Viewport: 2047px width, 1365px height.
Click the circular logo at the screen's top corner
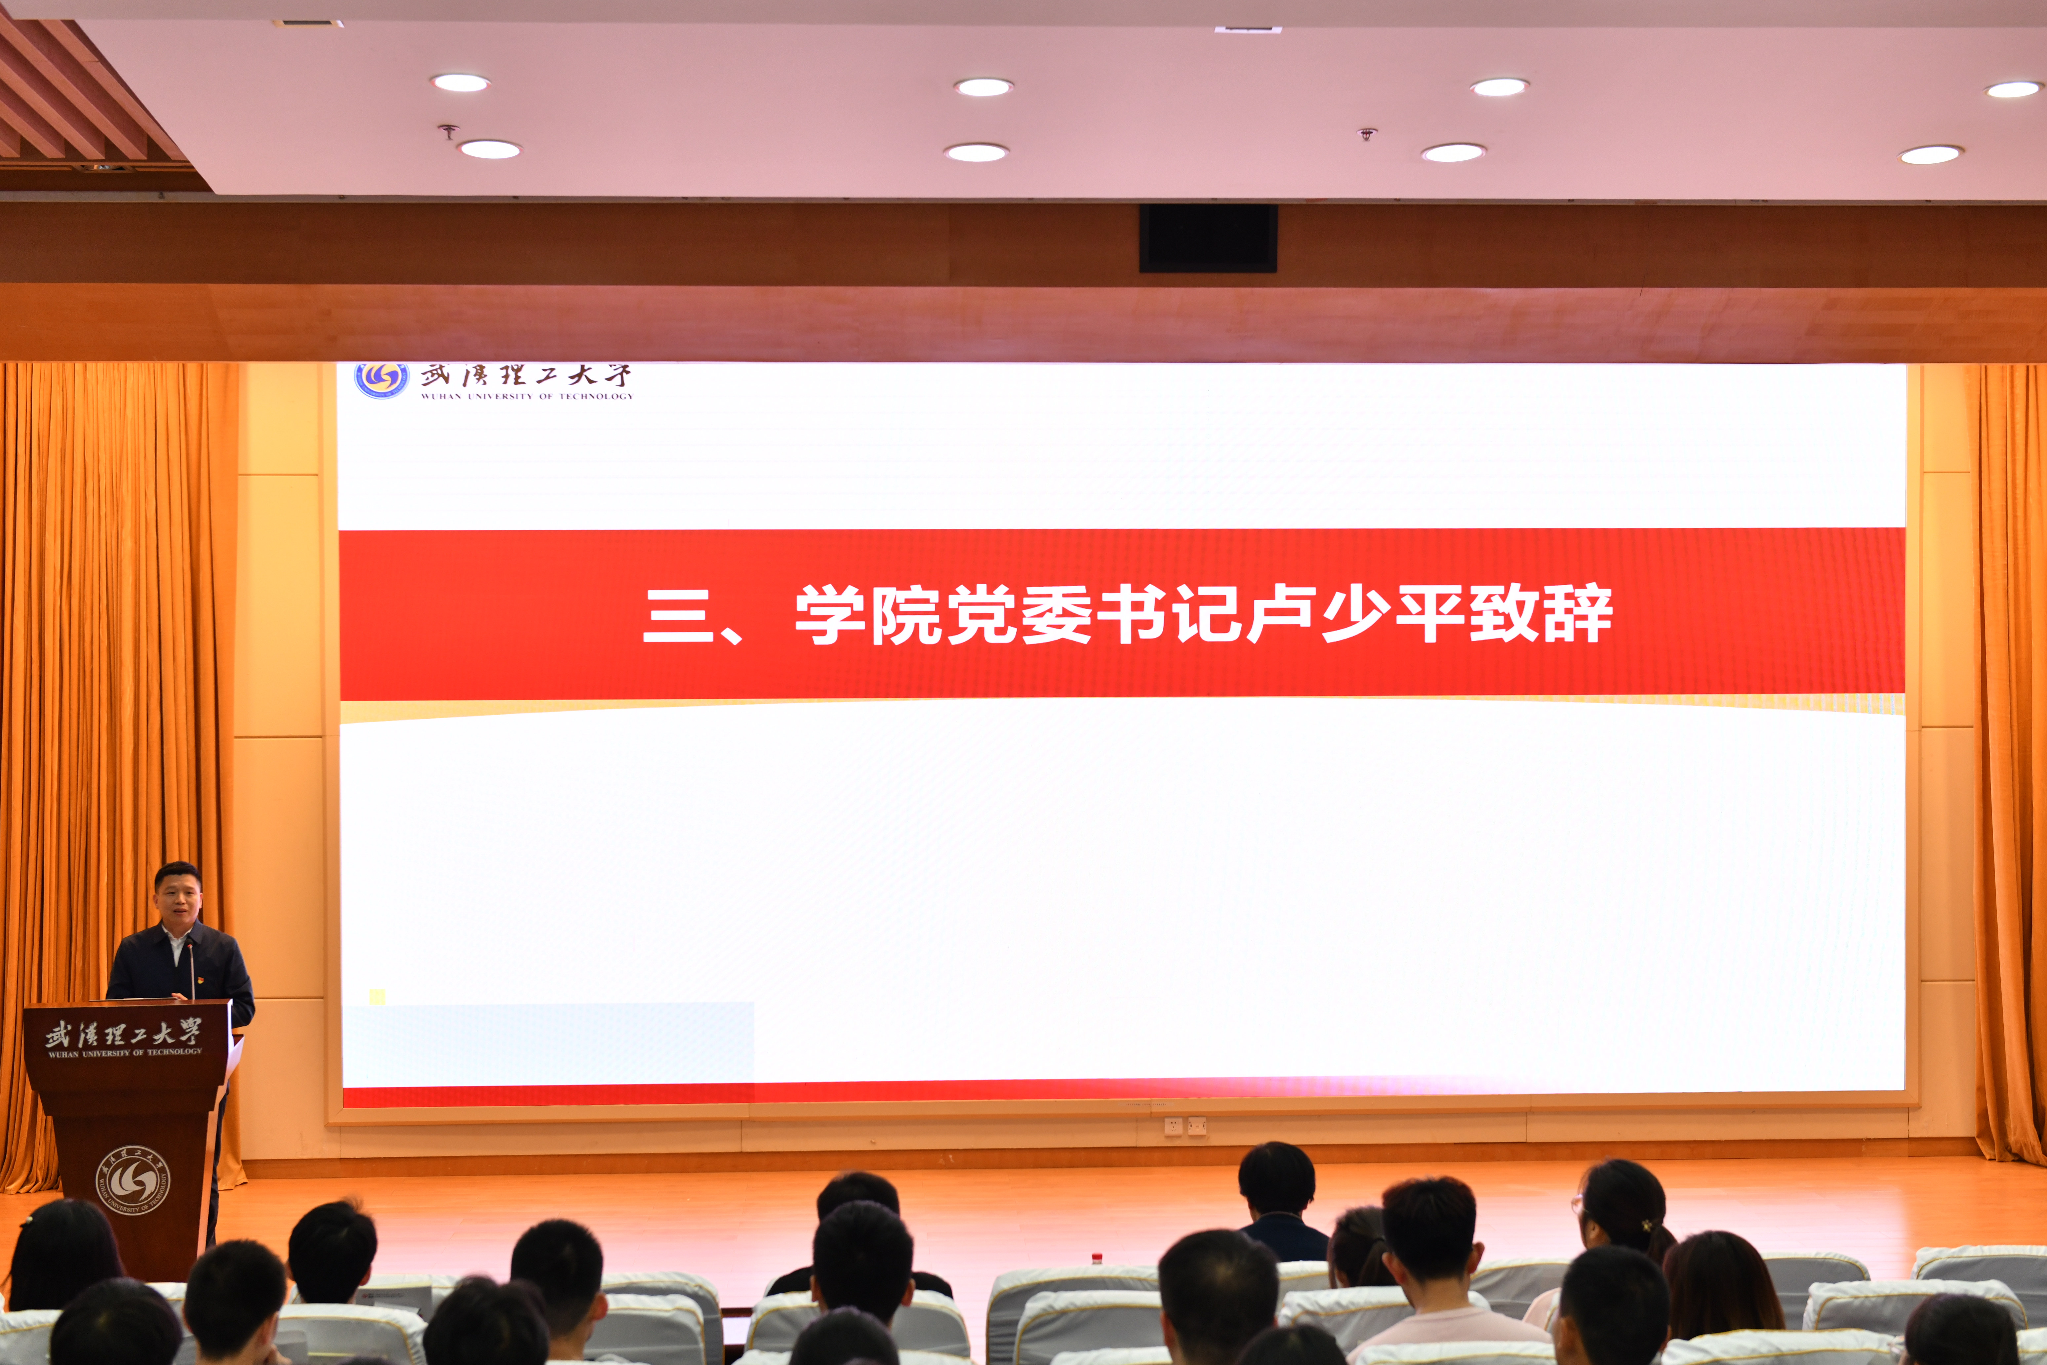[x=381, y=380]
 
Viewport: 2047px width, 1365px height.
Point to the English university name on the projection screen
[x=527, y=396]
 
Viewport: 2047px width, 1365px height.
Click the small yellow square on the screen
[x=377, y=997]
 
